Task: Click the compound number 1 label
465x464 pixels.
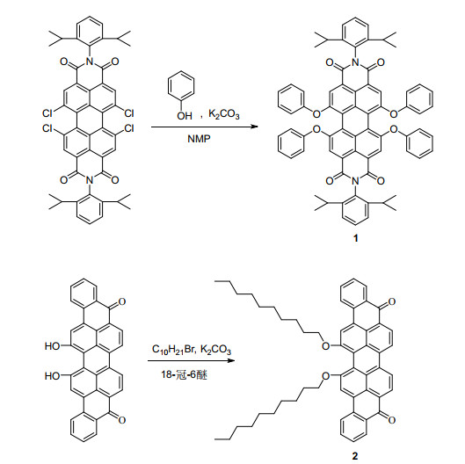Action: pyautogui.click(x=355, y=238)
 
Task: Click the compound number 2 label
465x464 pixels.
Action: pyautogui.click(x=355, y=455)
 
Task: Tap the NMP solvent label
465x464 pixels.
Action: pyautogui.click(x=199, y=139)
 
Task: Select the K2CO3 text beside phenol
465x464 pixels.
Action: pyautogui.click(x=224, y=114)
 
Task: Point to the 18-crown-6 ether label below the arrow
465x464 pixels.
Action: pyautogui.click(x=184, y=374)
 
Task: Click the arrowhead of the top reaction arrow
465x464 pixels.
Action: pyautogui.click(x=254, y=127)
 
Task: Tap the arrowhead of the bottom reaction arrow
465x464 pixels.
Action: pyautogui.click(x=231, y=360)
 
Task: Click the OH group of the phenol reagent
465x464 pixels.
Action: pyautogui.click(x=185, y=116)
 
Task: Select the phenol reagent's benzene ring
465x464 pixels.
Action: pyautogui.click(x=181, y=88)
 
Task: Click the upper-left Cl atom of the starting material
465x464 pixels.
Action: pyautogui.click(x=47, y=113)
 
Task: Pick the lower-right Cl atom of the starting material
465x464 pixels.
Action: pyautogui.click(x=129, y=128)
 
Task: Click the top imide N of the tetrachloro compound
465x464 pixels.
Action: pyautogui.click(x=90, y=62)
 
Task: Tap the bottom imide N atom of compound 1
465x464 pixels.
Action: pyautogui.click(x=355, y=180)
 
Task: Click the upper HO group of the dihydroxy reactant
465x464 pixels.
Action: pyautogui.click(x=53, y=345)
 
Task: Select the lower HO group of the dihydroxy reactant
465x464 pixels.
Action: pyautogui.click(x=53, y=375)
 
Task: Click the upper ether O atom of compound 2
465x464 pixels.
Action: pyautogui.click(x=325, y=345)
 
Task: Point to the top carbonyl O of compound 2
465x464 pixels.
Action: pyautogui.click(x=391, y=301)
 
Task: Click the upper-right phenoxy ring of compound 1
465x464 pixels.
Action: pyautogui.click(x=419, y=99)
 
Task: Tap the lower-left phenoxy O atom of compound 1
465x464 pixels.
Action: pyautogui.click(x=316, y=129)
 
